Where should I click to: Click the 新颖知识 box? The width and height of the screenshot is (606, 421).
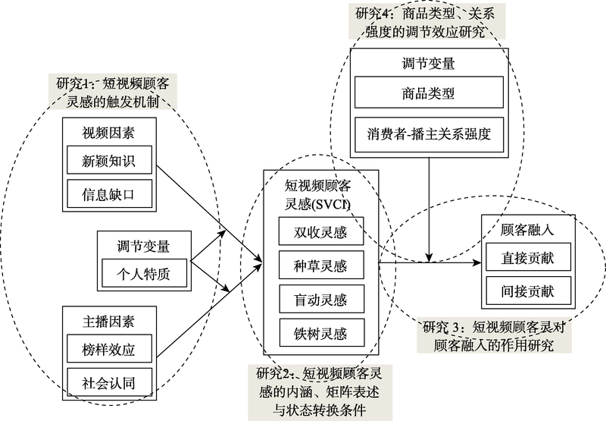tap(109, 160)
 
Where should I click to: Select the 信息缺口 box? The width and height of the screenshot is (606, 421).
tap(109, 193)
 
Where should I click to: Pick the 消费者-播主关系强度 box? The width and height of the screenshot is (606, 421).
tap(429, 136)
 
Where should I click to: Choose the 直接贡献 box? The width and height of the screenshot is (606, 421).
tap(528, 258)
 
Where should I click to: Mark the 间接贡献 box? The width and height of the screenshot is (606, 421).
tap(528, 291)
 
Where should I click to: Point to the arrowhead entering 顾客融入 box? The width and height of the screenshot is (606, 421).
tap(478, 263)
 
